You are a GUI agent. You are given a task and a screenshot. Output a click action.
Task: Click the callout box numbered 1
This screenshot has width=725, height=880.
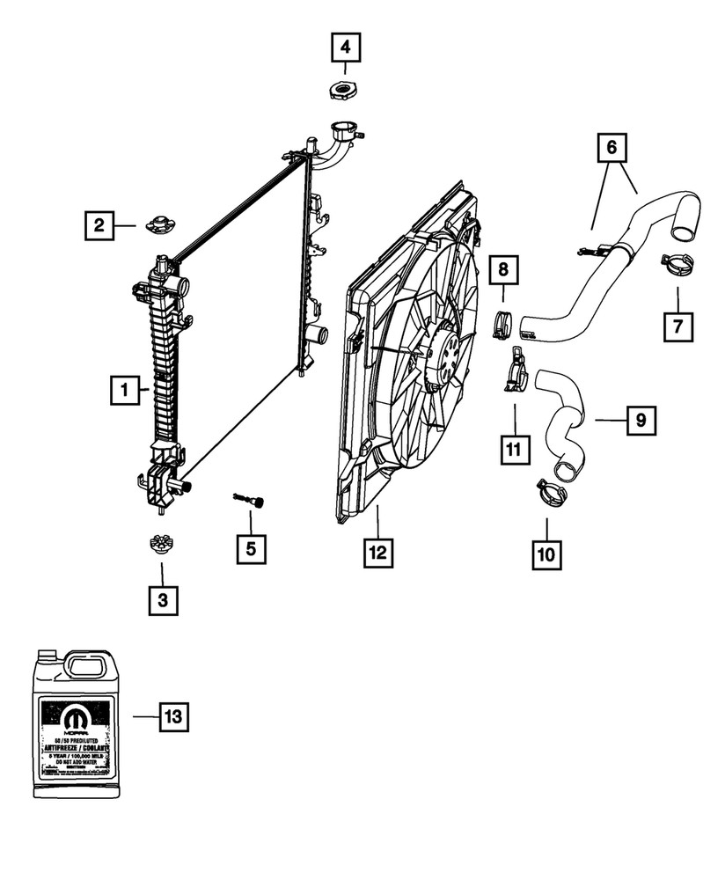(126, 389)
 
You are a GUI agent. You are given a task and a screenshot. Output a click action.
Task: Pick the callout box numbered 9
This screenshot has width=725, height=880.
(641, 421)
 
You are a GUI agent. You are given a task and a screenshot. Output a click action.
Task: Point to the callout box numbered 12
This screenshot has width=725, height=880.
(377, 552)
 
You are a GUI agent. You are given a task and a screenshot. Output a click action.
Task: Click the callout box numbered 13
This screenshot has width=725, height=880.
(173, 717)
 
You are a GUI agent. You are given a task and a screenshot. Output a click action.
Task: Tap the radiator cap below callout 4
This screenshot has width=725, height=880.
(344, 91)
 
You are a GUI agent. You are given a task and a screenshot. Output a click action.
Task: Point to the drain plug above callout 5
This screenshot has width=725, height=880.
(250, 501)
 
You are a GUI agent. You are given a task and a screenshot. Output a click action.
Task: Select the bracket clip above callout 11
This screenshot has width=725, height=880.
(516, 370)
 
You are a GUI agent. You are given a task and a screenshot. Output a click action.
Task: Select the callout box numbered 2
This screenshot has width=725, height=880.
(99, 226)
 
